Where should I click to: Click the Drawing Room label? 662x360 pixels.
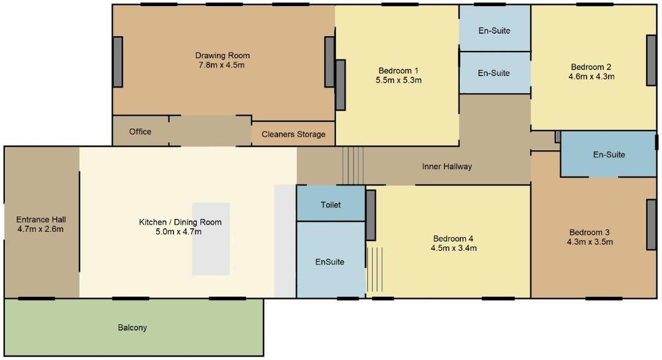(223, 55)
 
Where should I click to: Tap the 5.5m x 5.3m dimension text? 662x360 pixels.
(398, 80)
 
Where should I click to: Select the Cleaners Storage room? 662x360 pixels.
(294, 134)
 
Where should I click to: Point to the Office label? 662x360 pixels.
(140, 131)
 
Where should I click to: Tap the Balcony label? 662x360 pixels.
(132, 327)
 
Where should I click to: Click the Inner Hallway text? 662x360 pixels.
(447, 166)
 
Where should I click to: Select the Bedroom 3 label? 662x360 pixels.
(590, 232)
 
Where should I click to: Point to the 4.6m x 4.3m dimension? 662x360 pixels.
(592, 77)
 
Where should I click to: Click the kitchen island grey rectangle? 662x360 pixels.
(211, 239)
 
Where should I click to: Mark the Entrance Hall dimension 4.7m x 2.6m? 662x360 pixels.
(40, 229)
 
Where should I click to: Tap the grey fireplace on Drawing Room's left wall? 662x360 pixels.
(118, 62)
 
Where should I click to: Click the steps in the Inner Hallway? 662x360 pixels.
(353, 166)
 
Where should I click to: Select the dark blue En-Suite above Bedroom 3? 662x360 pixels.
(609, 154)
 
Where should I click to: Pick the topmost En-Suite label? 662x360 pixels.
(495, 31)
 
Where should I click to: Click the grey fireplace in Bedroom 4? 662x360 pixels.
(371, 215)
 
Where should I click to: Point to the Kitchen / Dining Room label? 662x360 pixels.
(180, 222)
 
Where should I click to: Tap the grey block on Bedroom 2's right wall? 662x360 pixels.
(652, 61)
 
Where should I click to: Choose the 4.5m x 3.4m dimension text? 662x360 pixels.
(454, 248)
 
